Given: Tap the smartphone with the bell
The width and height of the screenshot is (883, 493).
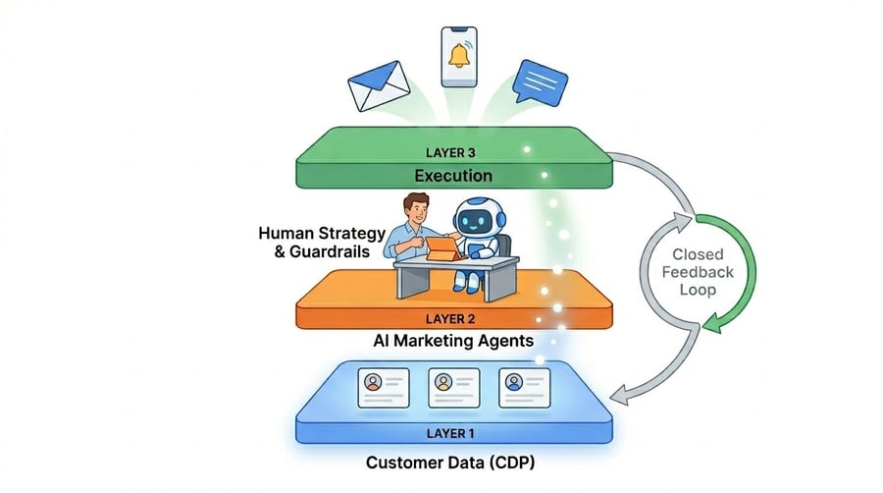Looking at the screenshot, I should coord(458,56).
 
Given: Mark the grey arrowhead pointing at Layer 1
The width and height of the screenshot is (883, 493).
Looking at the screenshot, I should coord(619,396).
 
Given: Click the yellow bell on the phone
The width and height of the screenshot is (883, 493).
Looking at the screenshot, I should coord(458,55).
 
